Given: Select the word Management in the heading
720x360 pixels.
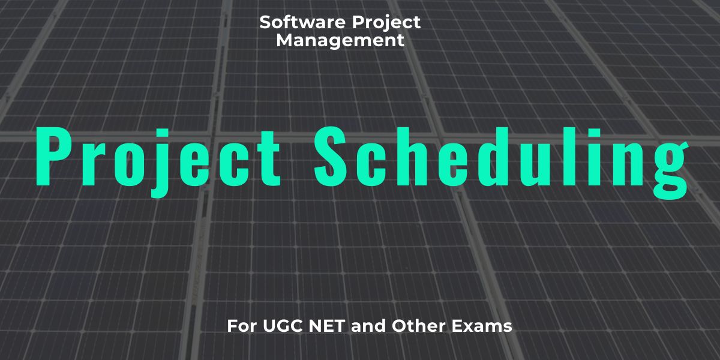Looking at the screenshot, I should click(x=340, y=41).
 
